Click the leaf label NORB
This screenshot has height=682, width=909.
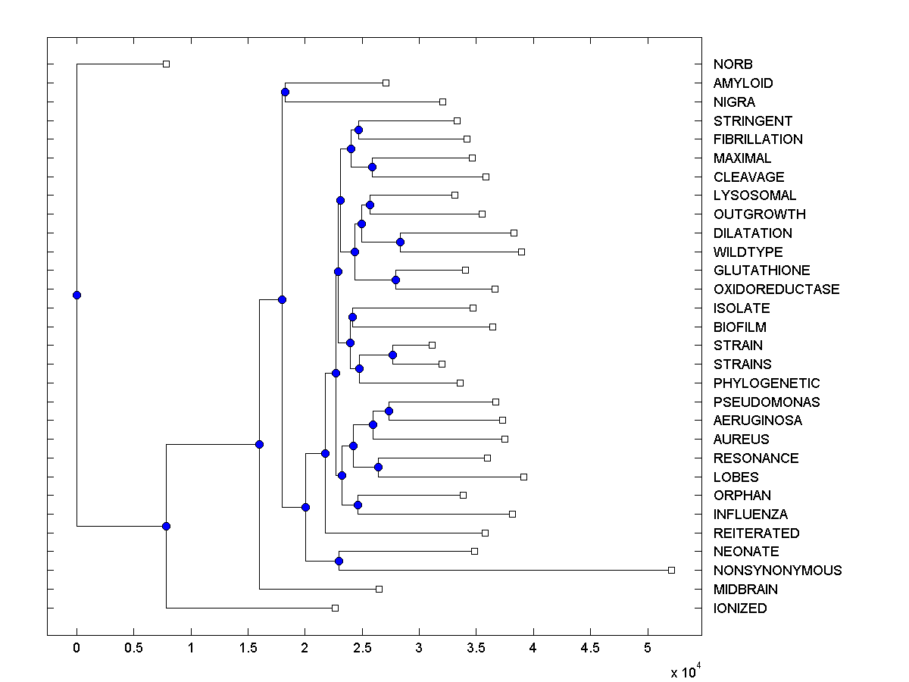click(733, 64)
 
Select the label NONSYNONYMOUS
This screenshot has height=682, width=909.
click(777, 571)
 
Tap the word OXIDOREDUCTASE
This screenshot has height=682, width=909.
click(776, 289)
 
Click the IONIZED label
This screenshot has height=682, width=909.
click(740, 608)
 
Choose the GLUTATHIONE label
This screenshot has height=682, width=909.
click(761, 271)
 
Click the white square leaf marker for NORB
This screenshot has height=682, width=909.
click(167, 64)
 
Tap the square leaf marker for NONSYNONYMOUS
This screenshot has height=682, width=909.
click(671, 570)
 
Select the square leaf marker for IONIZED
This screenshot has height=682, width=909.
click(336, 608)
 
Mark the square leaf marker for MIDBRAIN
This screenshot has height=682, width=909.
click(380, 589)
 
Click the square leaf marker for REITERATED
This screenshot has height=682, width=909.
click(486, 533)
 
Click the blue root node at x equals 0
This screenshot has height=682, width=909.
click(77, 295)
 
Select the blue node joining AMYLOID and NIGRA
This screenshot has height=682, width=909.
click(285, 92)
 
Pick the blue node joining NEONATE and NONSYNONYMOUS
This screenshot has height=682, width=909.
click(339, 561)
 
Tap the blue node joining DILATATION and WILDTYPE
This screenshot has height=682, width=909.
click(400, 242)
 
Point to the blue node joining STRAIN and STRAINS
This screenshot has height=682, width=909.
click(393, 355)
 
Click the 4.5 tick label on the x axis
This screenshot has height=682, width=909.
click(590, 648)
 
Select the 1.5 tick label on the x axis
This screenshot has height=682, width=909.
click(248, 648)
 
